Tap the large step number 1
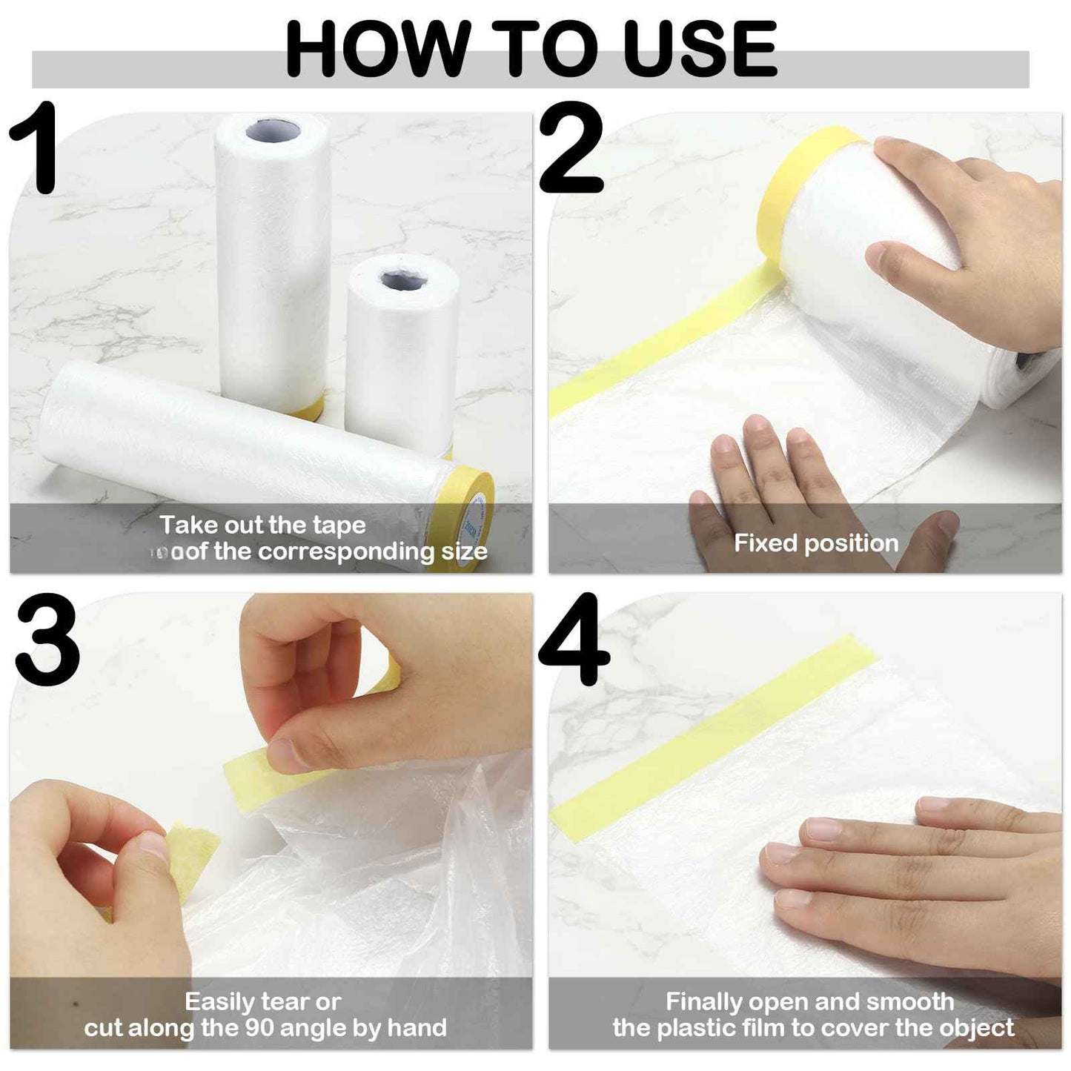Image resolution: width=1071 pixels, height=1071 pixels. (x=36, y=148)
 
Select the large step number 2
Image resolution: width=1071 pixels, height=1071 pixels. (x=571, y=148)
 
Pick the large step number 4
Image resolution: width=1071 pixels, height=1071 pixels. (x=574, y=641)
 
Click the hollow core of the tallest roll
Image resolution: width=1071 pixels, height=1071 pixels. (x=273, y=131)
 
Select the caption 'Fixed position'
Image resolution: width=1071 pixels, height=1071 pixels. (x=816, y=543)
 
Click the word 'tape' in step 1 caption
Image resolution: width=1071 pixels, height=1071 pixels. (x=339, y=525)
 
